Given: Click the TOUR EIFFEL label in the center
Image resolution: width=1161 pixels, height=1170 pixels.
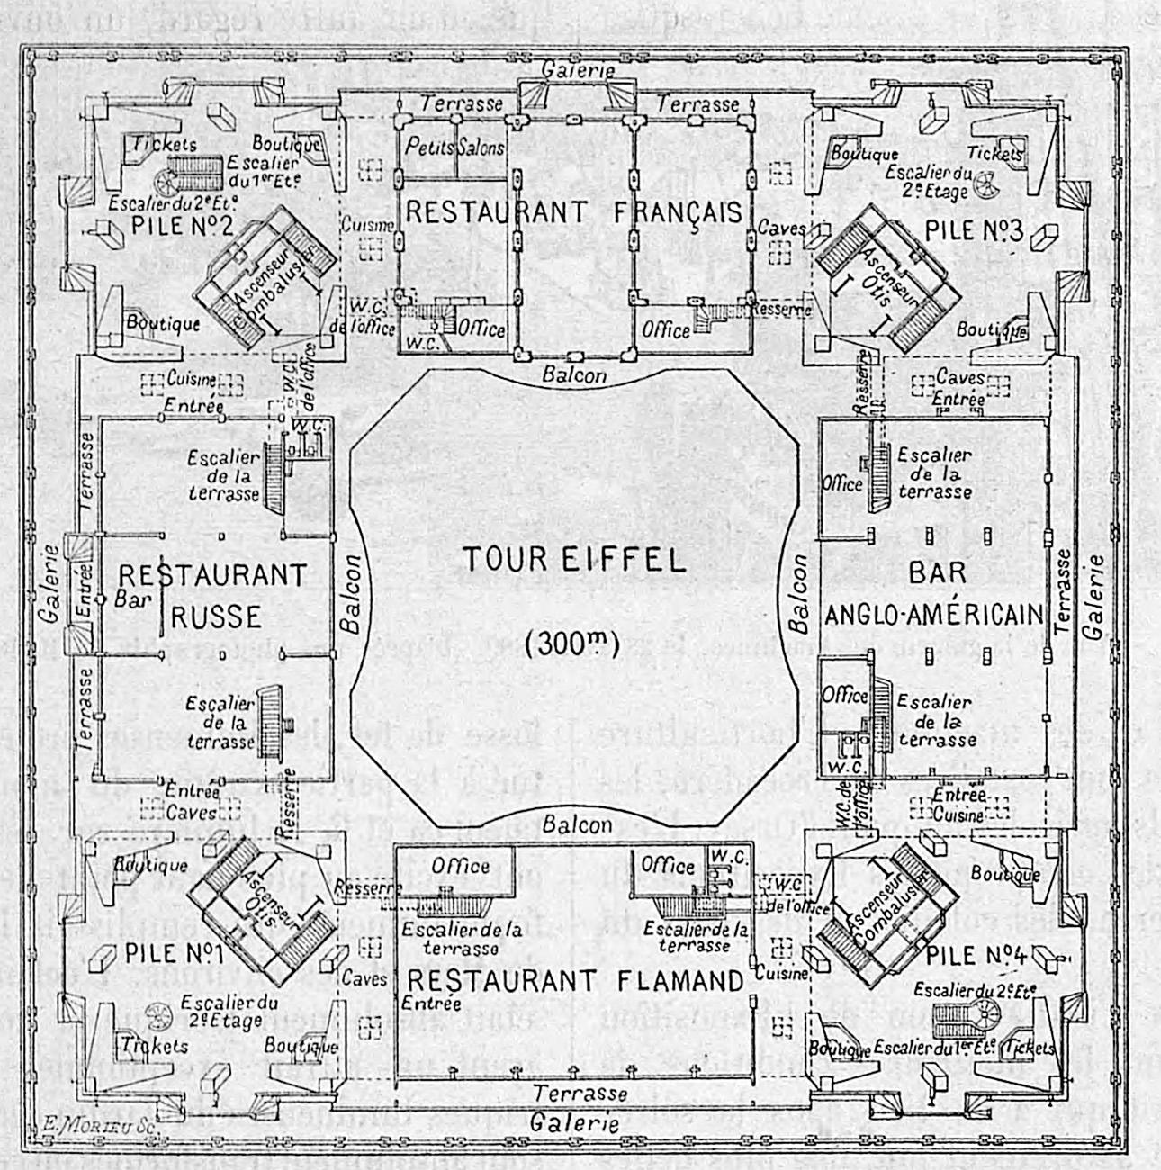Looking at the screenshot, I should click(x=573, y=560).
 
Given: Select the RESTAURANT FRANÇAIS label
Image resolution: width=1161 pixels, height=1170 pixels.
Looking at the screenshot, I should click(x=574, y=212).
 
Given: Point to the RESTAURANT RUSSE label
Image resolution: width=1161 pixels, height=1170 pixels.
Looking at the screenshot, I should click(x=213, y=594).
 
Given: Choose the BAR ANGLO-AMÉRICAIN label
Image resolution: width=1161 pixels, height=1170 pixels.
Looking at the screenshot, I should click(x=936, y=594).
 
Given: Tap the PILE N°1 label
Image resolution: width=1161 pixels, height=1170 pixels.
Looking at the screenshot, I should click(x=162, y=952).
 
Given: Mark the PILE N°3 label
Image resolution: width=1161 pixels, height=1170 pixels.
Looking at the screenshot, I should click(x=974, y=230).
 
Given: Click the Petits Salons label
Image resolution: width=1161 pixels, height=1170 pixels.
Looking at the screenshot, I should click(x=454, y=146).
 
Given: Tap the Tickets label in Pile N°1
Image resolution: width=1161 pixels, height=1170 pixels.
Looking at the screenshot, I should click(x=156, y=1045).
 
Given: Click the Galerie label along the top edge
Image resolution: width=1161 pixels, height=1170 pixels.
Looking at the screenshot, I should click(x=579, y=69).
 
